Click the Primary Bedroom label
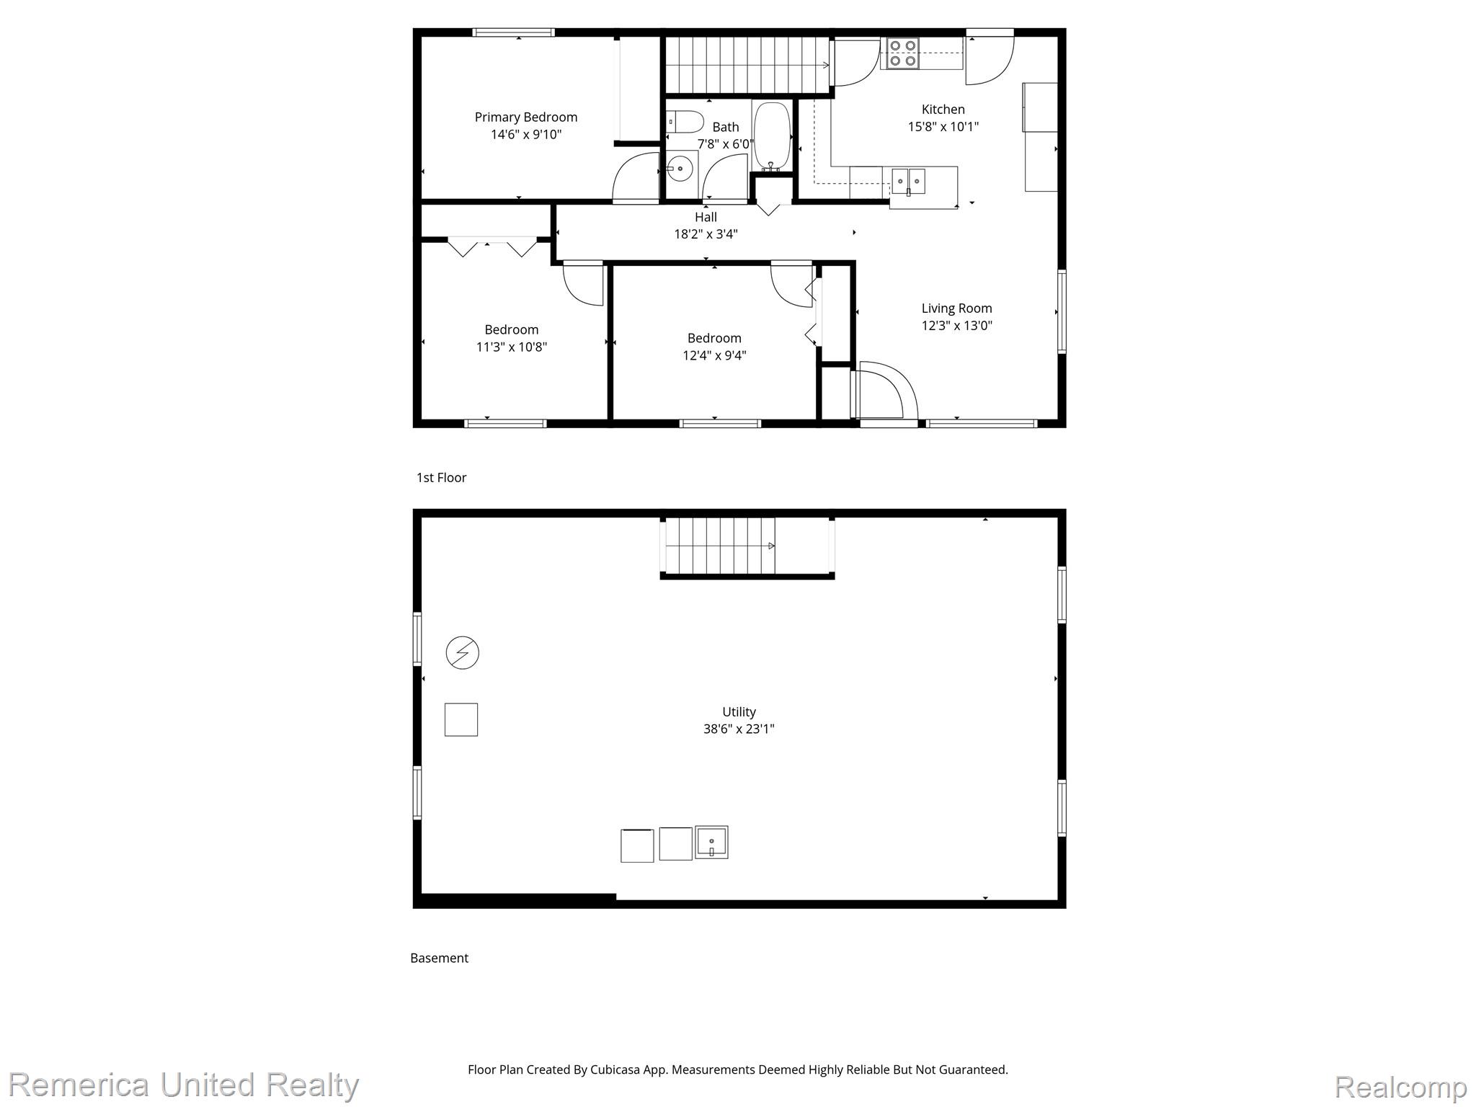525,117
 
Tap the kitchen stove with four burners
902,53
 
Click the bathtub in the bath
772,136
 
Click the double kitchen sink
908,181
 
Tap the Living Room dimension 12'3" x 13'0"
956,326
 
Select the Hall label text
706,217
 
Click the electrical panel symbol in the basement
463,653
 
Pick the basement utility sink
711,842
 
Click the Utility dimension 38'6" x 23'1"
739,729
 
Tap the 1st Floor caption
441,478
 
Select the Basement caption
439,958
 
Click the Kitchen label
943,110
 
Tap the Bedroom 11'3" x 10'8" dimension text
512,347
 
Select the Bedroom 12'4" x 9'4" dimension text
714,355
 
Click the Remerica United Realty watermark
184,1085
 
